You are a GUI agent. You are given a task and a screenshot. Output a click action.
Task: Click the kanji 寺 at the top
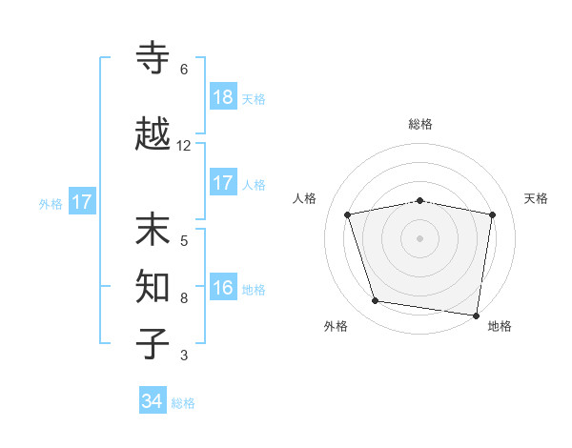pyautogui.click(x=153, y=58)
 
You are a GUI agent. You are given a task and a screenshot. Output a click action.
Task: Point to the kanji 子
pyautogui.click(x=153, y=342)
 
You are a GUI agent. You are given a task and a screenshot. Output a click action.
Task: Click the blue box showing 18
pyautogui.click(x=222, y=96)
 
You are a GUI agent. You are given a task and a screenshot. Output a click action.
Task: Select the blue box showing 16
pyautogui.click(x=222, y=289)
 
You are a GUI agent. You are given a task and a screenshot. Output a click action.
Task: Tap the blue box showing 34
pyautogui.click(x=153, y=401)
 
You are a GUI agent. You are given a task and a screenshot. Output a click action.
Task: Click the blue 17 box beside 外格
pyautogui.click(x=81, y=202)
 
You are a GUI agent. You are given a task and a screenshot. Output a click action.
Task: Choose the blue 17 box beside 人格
pyautogui.click(x=222, y=183)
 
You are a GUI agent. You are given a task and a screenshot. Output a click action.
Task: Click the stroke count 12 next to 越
pyautogui.click(x=184, y=146)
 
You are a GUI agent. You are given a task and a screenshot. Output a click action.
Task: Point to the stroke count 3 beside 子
pyautogui.click(x=184, y=356)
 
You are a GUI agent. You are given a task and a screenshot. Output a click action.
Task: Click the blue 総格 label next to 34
pyautogui.click(x=183, y=403)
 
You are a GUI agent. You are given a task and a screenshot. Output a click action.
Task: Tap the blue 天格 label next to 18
pyautogui.click(x=254, y=98)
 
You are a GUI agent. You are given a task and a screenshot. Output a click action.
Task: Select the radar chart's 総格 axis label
pyautogui.click(x=420, y=124)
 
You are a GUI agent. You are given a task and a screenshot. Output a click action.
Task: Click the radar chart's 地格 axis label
pyautogui.click(x=500, y=326)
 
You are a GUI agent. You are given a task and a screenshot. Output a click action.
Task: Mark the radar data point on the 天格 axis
pyautogui.click(x=492, y=214)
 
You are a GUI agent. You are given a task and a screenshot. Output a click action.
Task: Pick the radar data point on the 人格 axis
pyautogui.click(x=348, y=214)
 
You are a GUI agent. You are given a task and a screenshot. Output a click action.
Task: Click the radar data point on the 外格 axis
pyautogui.click(x=376, y=301)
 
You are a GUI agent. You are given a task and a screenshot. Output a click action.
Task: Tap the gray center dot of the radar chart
pyautogui.click(x=420, y=237)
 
